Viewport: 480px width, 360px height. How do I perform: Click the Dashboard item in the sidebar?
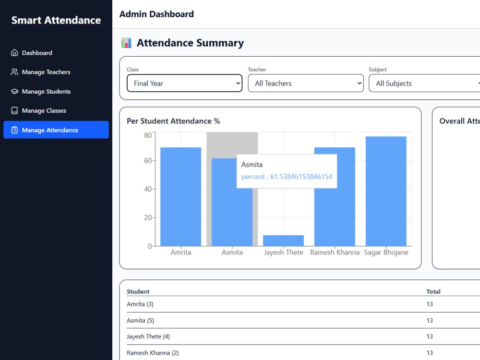pyautogui.click(x=31, y=53)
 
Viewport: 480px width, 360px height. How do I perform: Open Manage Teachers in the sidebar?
pyautogui.click(x=40, y=72)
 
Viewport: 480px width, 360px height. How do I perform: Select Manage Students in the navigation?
pyautogui.click(x=40, y=92)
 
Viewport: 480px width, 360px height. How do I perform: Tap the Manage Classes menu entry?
pyautogui.click(x=38, y=110)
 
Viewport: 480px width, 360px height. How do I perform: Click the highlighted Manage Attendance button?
pyautogui.click(x=56, y=130)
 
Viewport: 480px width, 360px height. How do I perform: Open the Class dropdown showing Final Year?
pyautogui.click(x=185, y=83)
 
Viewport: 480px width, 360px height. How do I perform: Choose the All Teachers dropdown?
pyautogui.click(x=305, y=83)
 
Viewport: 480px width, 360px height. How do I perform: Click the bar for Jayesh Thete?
pyautogui.click(x=284, y=240)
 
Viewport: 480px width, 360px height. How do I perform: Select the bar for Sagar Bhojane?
pyautogui.click(x=386, y=192)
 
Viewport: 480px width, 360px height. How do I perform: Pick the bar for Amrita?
pyautogui.click(x=180, y=197)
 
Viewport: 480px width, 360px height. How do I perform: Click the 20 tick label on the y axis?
pyautogui.click(x=148, y=217)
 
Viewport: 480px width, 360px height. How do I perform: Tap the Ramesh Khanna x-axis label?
pyautogui.click(x=335, y=252)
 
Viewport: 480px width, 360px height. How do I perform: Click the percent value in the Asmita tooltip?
pyautogui.click(x=287, y=177)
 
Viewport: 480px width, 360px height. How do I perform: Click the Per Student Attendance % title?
pyautogui.click(x=173, y=121)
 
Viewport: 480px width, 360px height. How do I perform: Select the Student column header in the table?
pyautogui.click(x=138, y=292)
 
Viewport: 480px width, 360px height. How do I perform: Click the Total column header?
pyautogui.click(x=433, y=292)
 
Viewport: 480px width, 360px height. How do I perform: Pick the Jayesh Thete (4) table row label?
pyautogui.click(x=148, y=337)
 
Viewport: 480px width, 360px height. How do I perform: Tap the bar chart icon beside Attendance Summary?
pyautogui.click(x=126, y=43)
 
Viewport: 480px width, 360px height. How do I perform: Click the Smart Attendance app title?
pyautogui.click(x=56, y=20)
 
